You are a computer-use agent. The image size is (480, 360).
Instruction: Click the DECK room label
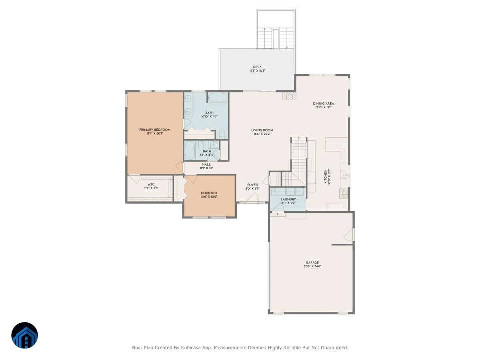[x=257, y=67]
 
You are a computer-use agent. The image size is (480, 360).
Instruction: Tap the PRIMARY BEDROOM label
[x=155, y=130]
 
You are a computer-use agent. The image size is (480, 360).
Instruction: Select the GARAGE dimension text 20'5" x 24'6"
[x=312, y=266]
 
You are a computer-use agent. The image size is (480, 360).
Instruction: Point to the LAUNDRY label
[x=288, y=199]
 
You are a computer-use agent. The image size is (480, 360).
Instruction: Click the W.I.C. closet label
[x=151, y=184]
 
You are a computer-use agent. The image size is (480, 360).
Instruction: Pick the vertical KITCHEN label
[x=326, y=177]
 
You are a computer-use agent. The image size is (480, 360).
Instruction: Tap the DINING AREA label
[x=324, y=104]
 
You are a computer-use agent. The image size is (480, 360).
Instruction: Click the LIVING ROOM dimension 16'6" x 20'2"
[x=262, y=134]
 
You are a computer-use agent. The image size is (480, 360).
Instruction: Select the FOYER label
[x=252, y=185]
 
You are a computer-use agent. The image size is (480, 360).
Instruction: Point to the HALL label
[x=206, y=164]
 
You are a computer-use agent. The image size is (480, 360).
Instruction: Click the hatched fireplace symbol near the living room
[x=289, y=96]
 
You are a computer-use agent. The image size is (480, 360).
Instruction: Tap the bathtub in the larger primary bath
[x=217, y=98]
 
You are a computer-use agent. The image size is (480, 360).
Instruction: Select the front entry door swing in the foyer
[x=252, y=198]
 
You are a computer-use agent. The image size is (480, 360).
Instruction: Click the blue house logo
[x=24, y=335]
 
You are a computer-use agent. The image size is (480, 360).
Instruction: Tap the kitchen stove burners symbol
[x=344, y=193]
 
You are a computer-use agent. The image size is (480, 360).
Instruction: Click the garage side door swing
[x=348, y=235]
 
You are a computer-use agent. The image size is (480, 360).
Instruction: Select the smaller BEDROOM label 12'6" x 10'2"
[x=209, y=193]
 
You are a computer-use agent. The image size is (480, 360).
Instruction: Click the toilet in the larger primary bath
[x=222, y=134]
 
